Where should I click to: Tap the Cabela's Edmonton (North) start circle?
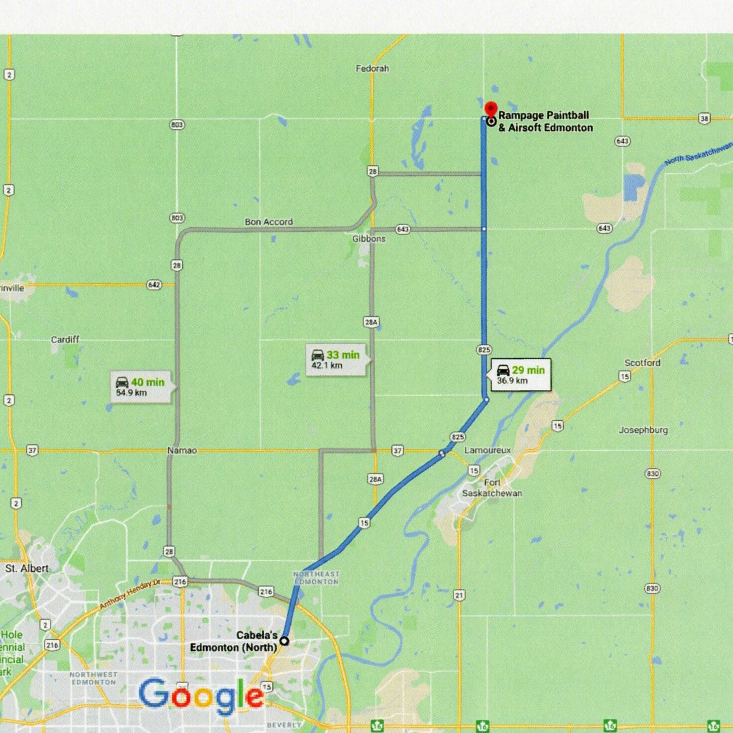point(284,641)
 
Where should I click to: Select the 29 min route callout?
point(521,375)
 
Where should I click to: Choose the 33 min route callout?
point(336,360)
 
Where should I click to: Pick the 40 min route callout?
point(140,387)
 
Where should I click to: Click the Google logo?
point(201,695)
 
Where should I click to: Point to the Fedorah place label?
point(372,68)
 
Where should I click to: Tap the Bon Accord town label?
point(268,222)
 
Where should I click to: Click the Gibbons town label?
point(369,239)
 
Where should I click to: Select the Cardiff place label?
point(65,339)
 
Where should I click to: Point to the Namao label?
point(182,450)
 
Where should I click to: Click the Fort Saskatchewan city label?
point(492,488)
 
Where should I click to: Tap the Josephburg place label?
point(643,430)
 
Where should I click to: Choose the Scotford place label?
point(642,363)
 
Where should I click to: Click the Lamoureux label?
point(488,450)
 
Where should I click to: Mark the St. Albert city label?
point(27,568)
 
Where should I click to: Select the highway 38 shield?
point(704,119)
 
